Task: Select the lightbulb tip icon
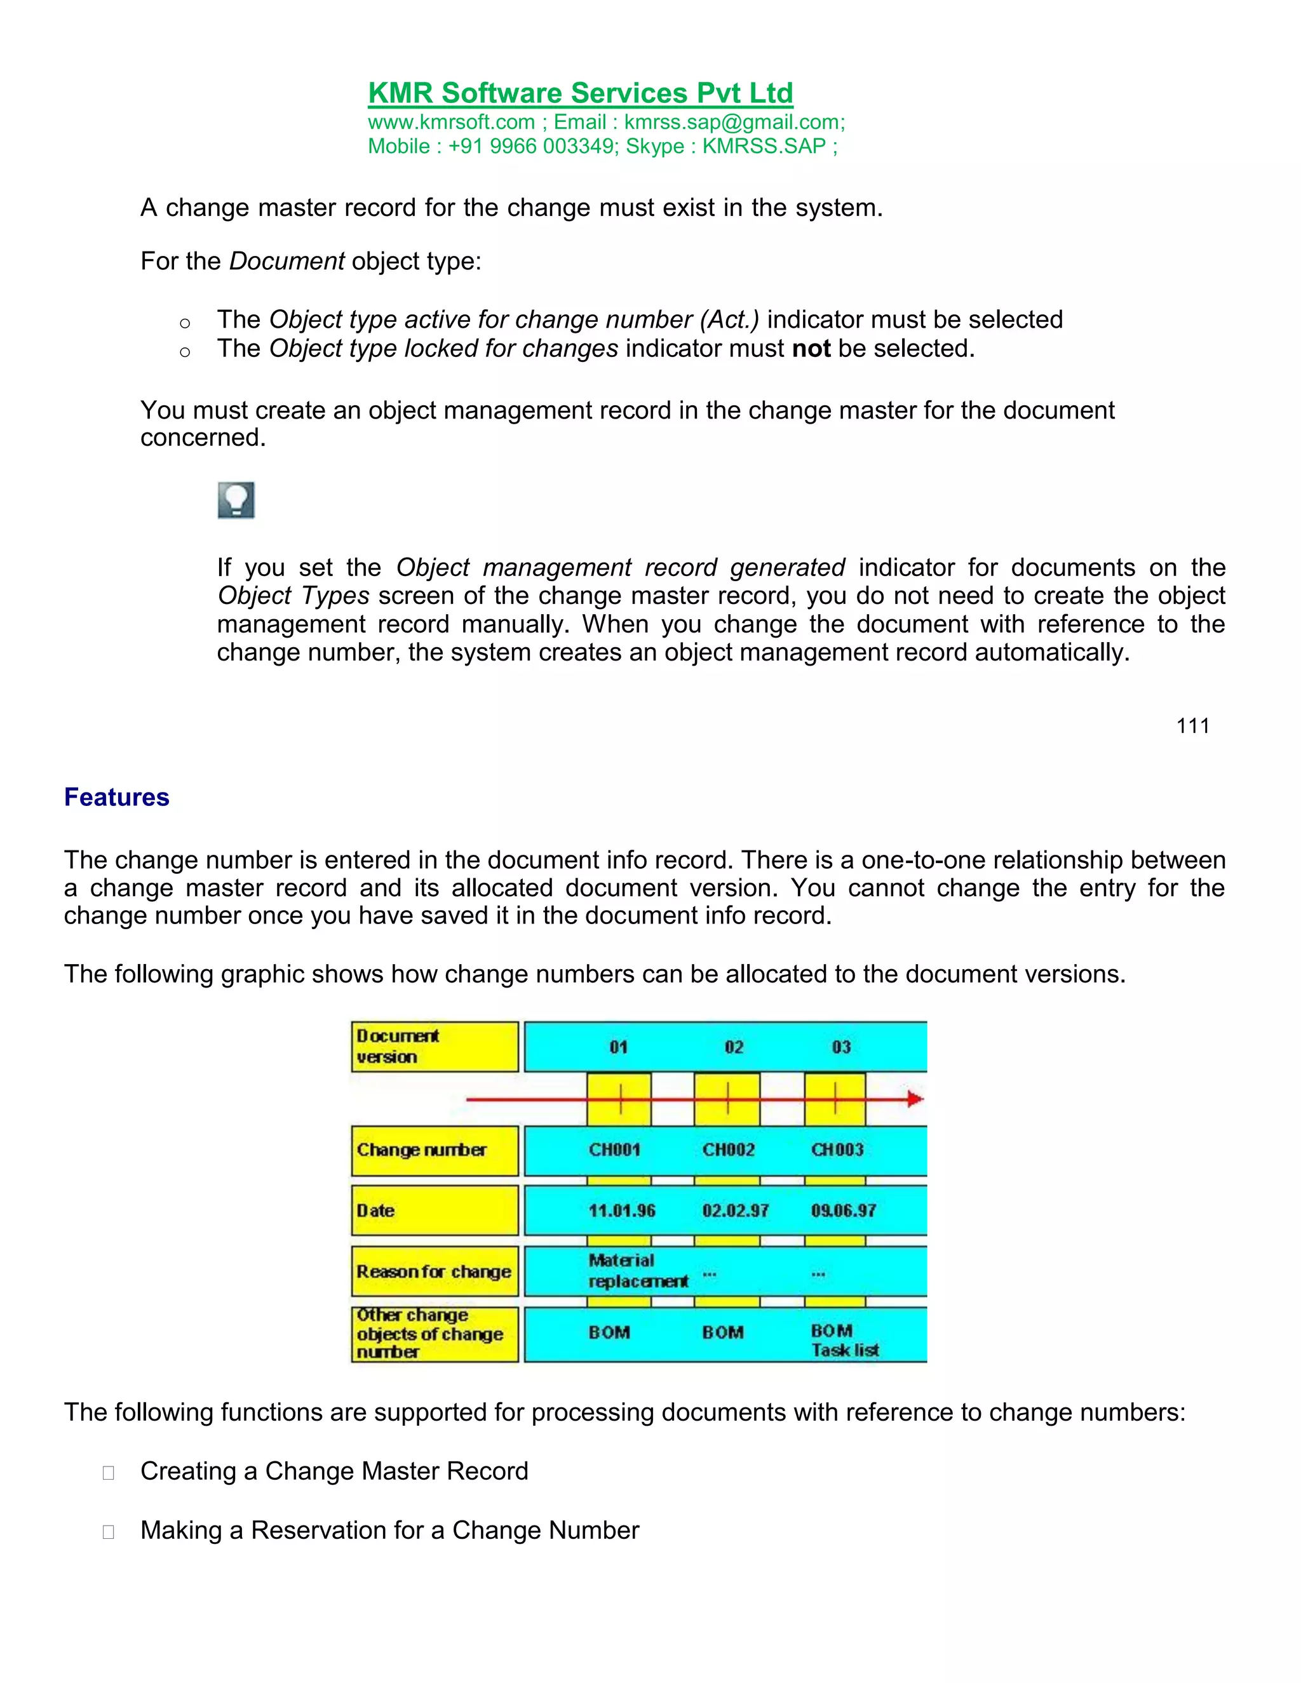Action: [236, 500]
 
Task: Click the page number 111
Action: [1192, 726]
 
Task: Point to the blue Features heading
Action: [116, 797]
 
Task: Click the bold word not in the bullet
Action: [811, 349]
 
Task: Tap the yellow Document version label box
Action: [434, 1047]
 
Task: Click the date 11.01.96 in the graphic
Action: [621, 1210]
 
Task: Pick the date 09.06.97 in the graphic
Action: [843, 1210]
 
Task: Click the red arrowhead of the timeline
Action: [915, 1099]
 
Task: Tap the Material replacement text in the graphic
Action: [637, 1271]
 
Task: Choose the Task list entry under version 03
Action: [845, 1350]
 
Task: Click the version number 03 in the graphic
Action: [841, 1047]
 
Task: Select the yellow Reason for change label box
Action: [434, 1271]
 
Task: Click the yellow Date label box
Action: [434, 1210]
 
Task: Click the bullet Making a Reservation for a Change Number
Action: [389, 1530]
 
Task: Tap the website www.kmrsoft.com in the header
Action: [451, 123]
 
